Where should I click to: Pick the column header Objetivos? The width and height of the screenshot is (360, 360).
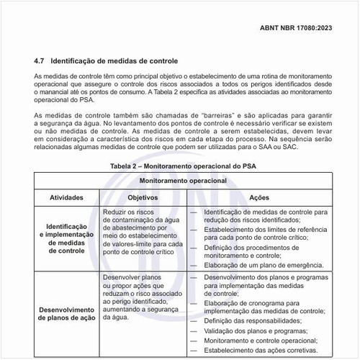141,197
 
